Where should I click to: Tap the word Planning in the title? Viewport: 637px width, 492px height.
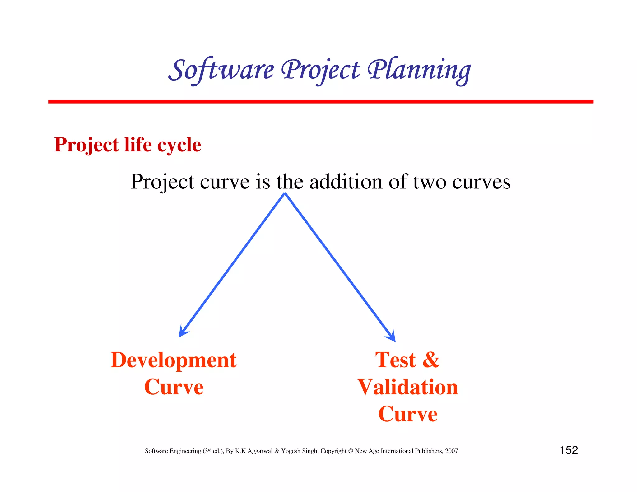tap(419, 70)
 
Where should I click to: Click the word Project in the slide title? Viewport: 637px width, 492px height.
tap(320, 70)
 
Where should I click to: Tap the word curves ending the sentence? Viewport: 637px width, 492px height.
tap(481, 182)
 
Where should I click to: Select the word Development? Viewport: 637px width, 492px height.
tap(174, 360)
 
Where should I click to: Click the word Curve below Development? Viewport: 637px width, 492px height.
tap(174, 387)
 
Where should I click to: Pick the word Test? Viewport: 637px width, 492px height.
tap(395, 360)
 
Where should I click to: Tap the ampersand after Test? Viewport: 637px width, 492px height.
tap(431, 360)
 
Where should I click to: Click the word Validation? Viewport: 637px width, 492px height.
tap(408, 387)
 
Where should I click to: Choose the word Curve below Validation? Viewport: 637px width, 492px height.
tap(408, 414)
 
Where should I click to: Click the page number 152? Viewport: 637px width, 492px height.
tap(569, 450)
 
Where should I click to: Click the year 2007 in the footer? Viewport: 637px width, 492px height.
tap(451, 451)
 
